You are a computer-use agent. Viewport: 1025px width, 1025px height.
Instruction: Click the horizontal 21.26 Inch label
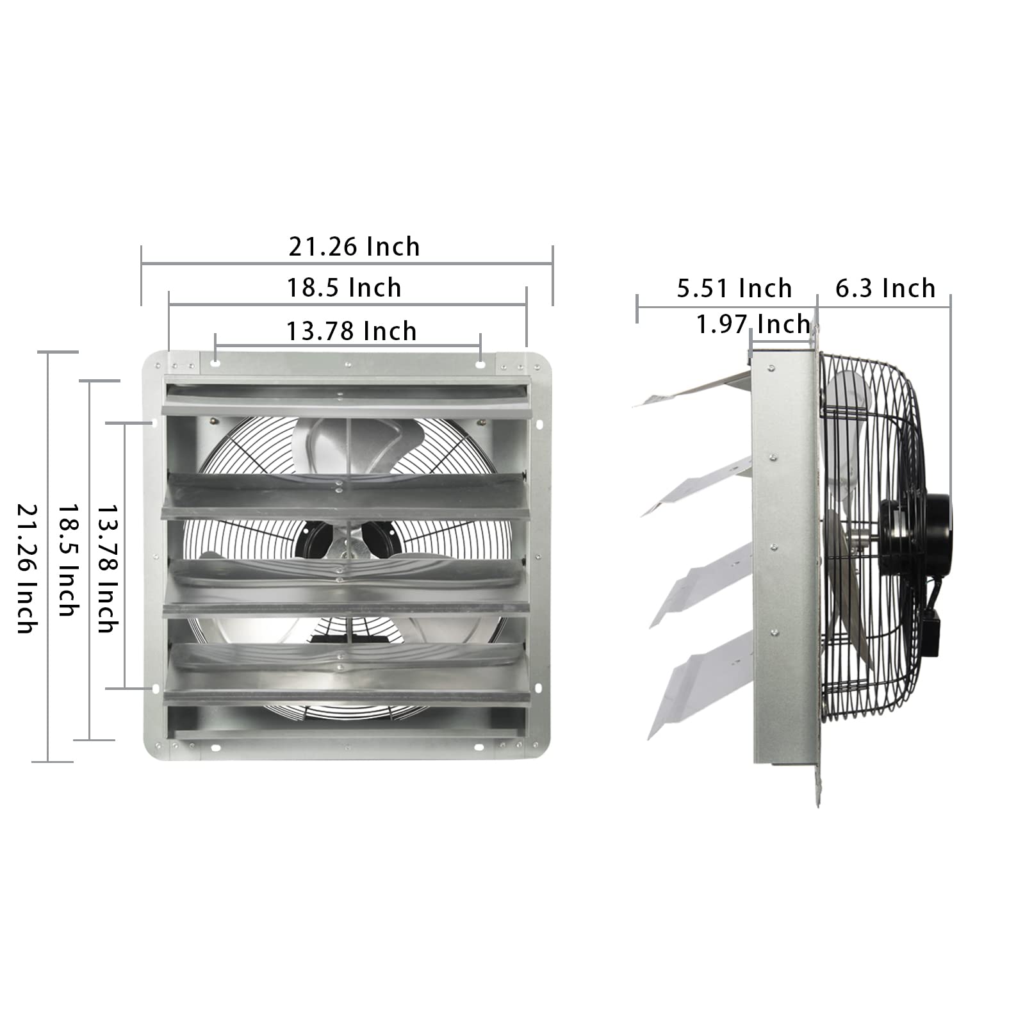click(354, 247)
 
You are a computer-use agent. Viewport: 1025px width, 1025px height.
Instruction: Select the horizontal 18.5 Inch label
click(344, 288)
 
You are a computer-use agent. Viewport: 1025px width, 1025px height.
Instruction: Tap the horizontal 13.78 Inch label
click(351, 331)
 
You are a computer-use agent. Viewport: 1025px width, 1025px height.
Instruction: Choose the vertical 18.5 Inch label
click(68, 559)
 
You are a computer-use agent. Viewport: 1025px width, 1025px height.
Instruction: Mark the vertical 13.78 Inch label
click(108, 568)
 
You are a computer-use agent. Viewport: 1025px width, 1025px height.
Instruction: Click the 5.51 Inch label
click(734, 289)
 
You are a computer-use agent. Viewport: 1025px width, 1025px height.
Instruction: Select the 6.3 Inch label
click(885, 289)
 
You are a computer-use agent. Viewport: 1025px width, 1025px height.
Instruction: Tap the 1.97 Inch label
click(753, 325)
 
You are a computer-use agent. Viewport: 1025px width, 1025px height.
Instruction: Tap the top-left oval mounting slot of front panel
click(215, 363)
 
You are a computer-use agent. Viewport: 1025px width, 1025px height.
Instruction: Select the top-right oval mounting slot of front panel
click(480, 364)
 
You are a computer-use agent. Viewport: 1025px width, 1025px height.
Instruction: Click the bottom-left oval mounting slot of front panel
click(215, 748)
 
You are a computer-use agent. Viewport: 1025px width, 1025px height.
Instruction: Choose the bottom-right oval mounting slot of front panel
click(480, 748)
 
